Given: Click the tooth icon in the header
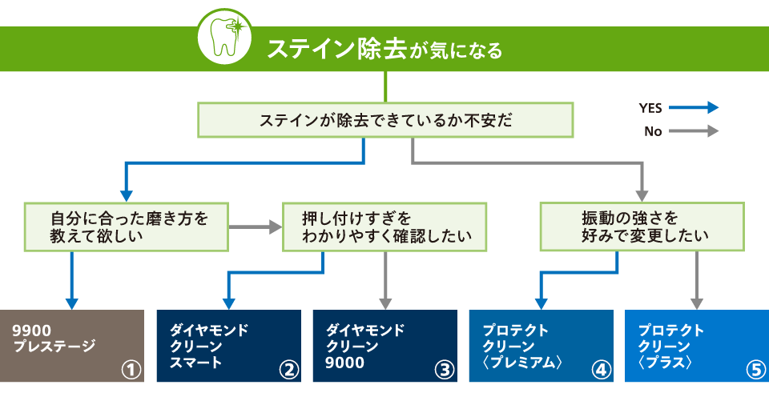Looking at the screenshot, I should click(x=223, y=38).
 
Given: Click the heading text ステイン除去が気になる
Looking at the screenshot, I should click(x=384, y=50).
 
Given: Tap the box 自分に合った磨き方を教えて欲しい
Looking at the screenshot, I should click(x=127, y=227).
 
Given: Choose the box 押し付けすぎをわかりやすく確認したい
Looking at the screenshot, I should click(x=384, y=227).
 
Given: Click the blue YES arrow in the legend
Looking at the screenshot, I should click(x=693, y=108).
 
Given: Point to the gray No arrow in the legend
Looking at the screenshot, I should click(x=693, y=131).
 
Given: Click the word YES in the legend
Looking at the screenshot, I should click(x=650, y=108).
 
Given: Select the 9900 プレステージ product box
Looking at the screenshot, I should click(x=72, y=346).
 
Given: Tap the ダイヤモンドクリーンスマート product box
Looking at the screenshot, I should click(x=228, y=346).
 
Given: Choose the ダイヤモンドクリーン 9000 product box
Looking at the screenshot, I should click(x=384, y=346).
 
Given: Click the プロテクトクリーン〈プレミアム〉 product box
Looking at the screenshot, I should click(x=541, y=346).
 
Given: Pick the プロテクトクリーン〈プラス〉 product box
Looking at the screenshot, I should click(x=696, y=346).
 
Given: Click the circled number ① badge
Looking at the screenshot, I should click(x=131, y=370).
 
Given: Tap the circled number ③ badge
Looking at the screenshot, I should click(x=443, y=370).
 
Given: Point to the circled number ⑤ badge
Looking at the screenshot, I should click(x=755, y=370).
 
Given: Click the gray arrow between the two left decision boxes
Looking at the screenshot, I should click(x=256, y=227).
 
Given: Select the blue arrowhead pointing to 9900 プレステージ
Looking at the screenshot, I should click(x=72, y=303).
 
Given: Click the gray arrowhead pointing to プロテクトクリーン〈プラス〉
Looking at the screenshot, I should click(x=696, y=303).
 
